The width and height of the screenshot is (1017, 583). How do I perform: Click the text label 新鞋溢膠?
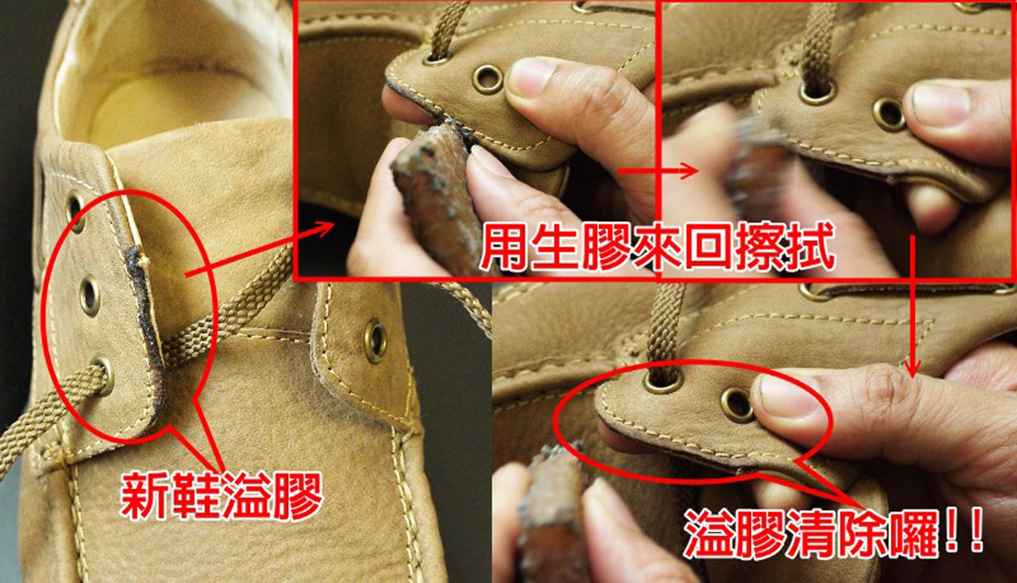221,496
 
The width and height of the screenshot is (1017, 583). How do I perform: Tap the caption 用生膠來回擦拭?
658,247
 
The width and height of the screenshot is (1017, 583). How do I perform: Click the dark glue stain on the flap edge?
146,317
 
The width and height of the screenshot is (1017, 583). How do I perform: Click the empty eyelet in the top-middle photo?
488,79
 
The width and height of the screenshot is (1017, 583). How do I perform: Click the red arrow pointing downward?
911,306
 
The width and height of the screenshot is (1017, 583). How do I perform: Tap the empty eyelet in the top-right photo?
889,114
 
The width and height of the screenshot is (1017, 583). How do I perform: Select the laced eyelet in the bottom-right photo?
662,381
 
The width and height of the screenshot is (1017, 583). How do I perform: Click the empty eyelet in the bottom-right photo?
738,404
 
